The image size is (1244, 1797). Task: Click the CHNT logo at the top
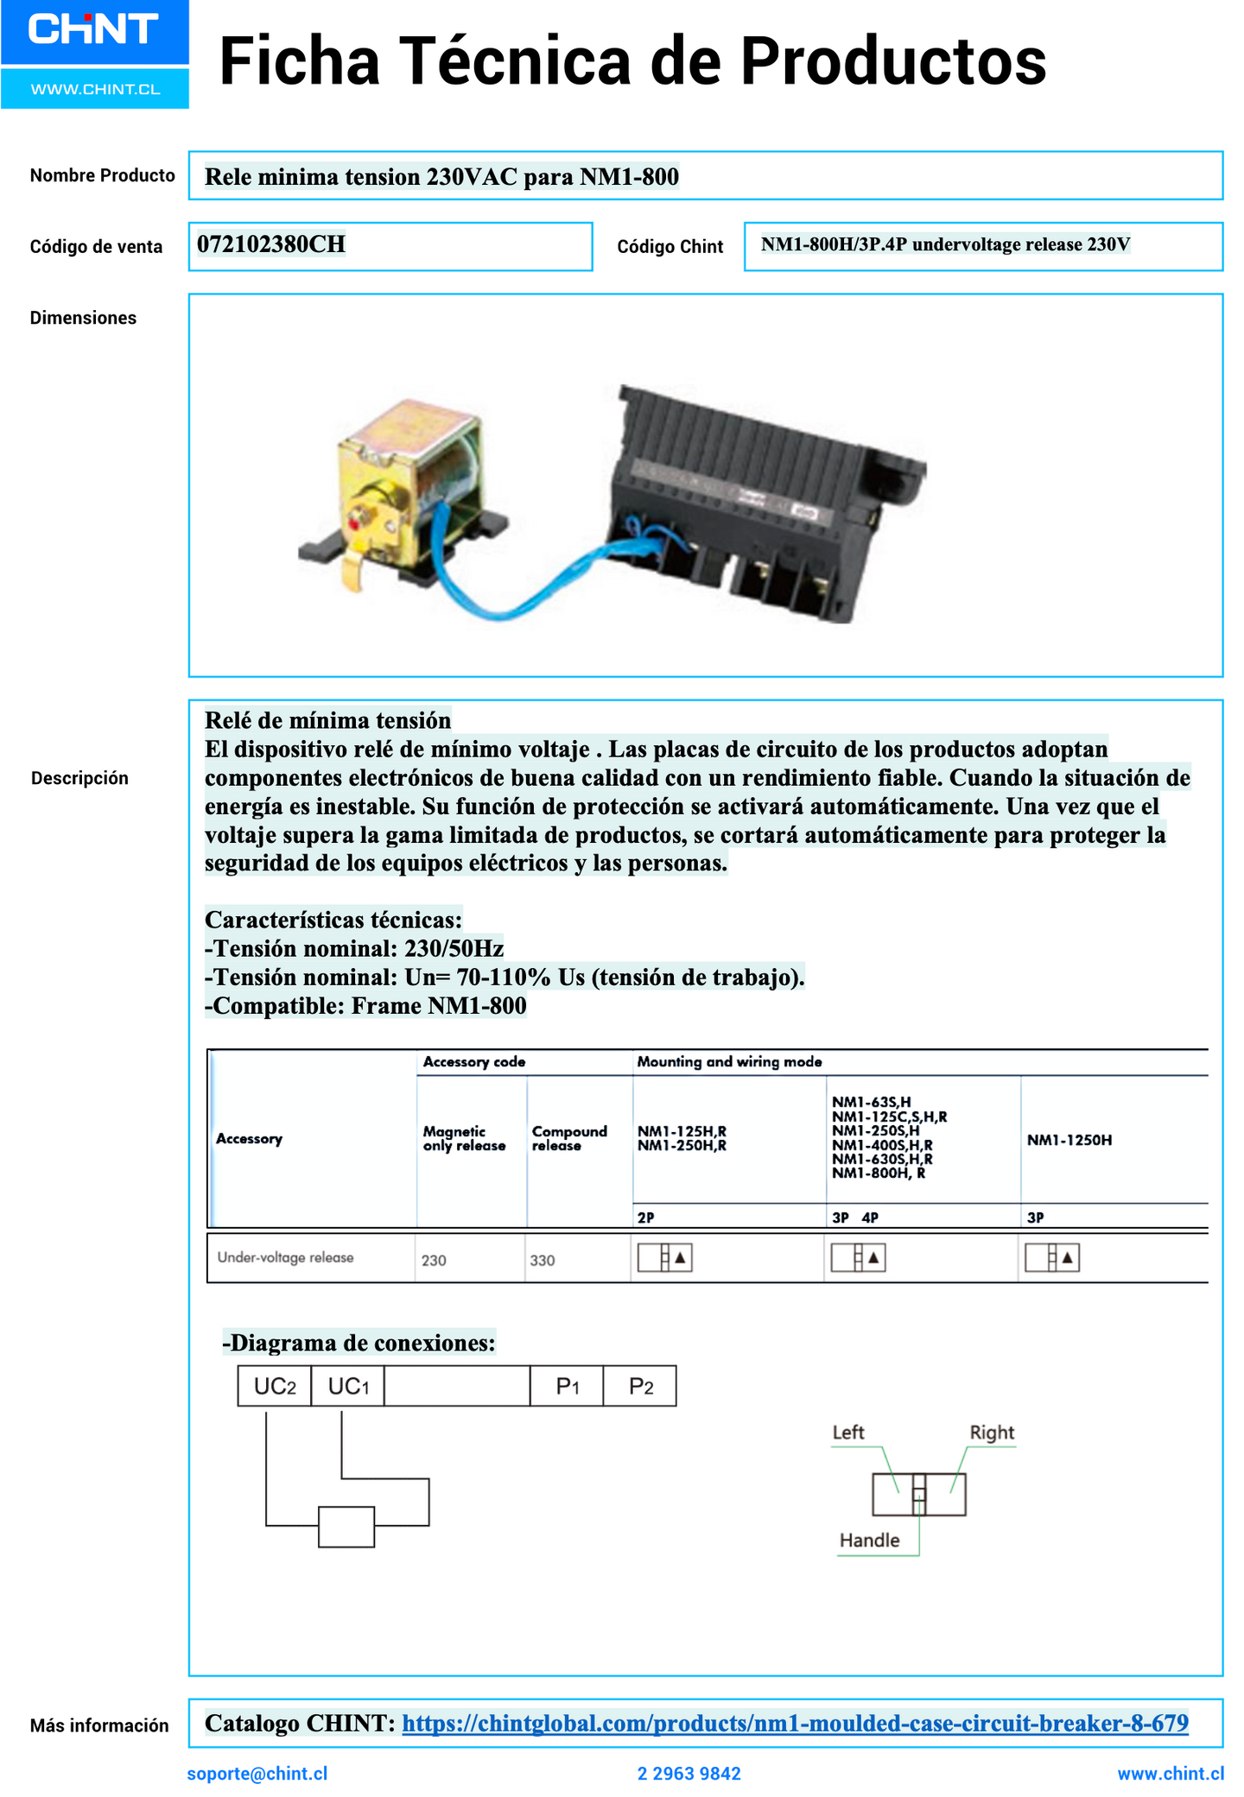[x=93, y=30]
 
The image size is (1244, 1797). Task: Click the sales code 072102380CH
[x=271, y=245]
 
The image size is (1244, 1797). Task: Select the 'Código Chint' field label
[x=670, y=247]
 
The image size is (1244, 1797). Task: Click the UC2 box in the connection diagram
[x=275, y=1387]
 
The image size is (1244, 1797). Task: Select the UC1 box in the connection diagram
[x=348, y=1387]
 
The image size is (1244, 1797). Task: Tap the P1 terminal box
[x=567, y=1387]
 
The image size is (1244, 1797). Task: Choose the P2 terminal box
[x=640, y=1387]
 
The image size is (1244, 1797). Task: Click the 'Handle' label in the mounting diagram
[x=869, y=1541]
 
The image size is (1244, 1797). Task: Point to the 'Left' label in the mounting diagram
[x=847, y=1433]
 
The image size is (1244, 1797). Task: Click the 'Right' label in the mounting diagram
[x=991, y=1433]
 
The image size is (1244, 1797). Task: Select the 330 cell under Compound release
[x=543, y=1261]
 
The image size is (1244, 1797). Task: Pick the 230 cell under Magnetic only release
[x=434, y=1261]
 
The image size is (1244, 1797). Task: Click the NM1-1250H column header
[x=1069, y=1141]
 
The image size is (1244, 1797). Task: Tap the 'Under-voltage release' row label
[x=285, y=1257]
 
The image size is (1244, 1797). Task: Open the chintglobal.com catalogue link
[x=795, y=1724]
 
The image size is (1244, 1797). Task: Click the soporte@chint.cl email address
[x=257, y=1774]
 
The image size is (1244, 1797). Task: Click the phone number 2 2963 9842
[x=689, y=1774]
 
